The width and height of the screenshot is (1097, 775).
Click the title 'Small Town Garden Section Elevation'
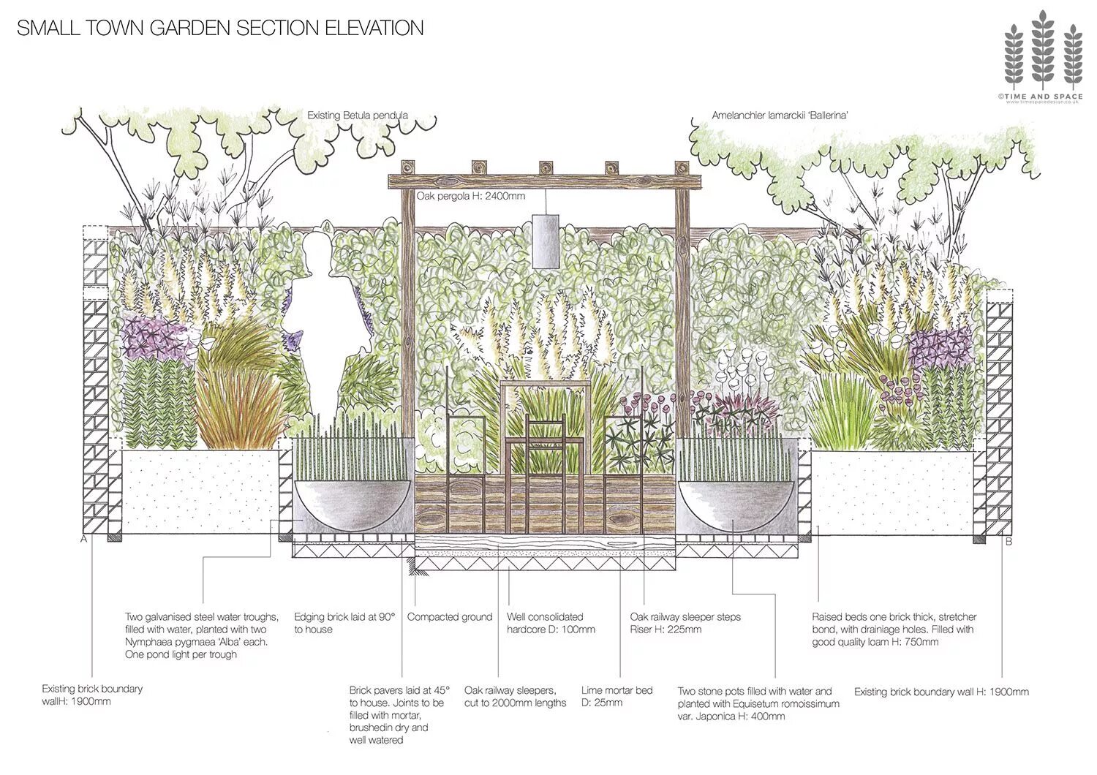pyautogui.click(x=220, y=28)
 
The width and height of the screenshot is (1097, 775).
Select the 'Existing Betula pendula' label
pyautogui.click(x=357, y=116)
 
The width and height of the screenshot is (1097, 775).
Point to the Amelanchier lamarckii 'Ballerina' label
pyautogui.click(x=780, y=116)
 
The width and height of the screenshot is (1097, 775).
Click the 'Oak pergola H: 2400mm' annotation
pyautogui.click(x=471, y=196)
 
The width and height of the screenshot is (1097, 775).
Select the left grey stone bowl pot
pyautogui.click(x=352, y=504)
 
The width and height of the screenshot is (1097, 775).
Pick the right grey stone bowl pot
pyautogui.click(x=735, y=504)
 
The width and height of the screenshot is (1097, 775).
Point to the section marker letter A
pyautogui.click(x=83, y=540)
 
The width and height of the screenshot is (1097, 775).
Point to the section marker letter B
pyautogui.click(x=1009, y=542)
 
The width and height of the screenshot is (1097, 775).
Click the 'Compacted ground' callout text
pyautogui.click(x=450, y=617)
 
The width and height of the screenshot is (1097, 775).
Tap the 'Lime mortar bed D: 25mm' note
pyautogui.click(x=617, y=696)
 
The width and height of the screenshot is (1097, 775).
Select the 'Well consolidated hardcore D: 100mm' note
pyautogui.click(x=551, y=623)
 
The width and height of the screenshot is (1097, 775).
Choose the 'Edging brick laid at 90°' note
pyautogui.click(x=344, y=623)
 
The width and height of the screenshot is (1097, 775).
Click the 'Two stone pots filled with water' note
pyautogui.click(x=758, y=703)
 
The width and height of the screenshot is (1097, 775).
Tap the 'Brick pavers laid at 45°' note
pyautogui.click(x=399, y=715)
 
